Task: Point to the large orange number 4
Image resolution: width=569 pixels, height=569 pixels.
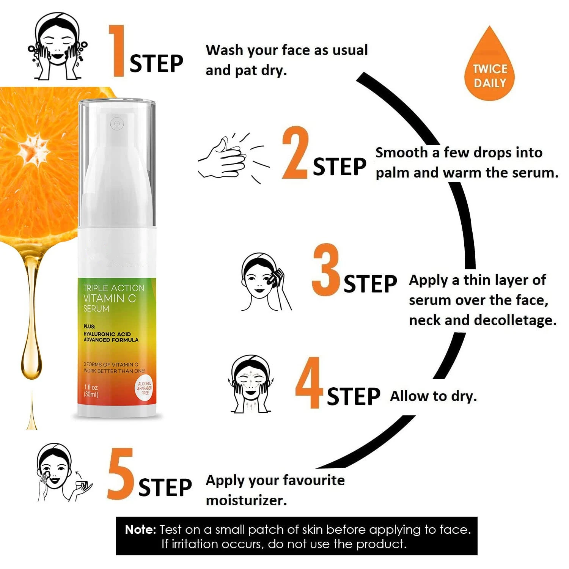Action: [x=309, y=383]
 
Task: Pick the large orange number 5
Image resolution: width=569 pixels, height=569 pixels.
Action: [x=121, y=474]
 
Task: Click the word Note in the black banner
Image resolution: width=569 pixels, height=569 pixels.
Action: [x=140, y=530]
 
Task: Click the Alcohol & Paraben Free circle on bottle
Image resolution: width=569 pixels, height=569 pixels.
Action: [x=145, y=388]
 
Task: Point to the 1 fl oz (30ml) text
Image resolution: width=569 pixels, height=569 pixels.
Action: [x=91, y=391]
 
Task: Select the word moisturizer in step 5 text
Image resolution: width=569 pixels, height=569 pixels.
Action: [x=246, y=500]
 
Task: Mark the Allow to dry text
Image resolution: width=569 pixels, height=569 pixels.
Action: [x=433, y=396]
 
